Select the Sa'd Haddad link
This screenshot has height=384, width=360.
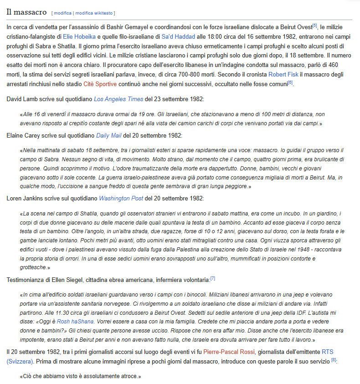(x=178, y=36)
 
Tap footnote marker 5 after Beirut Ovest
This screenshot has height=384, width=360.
(x=314, y=26)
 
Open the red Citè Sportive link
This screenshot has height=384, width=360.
(x=99, y=84)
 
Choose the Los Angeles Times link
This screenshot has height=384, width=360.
(x=118, y=99)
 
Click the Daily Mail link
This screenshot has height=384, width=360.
(x=109, y=135)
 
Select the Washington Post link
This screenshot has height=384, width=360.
(x=121, y=198)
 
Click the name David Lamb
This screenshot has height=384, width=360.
(x=21, y=99)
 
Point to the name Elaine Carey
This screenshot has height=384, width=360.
(x=23, y=135)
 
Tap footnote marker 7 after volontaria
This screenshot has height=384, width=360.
(x=213, y=278)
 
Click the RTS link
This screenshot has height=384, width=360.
(x=328, y=352)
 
